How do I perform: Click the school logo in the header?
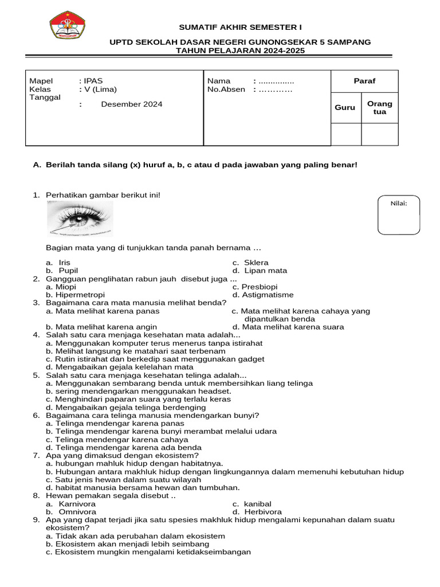(x=67, y=25)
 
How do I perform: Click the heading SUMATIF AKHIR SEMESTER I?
(x=240, y=28)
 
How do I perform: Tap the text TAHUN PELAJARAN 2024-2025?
(x=240, y=50)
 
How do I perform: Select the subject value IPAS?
(x=93, y=81)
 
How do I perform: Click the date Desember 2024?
(x=131, y=104)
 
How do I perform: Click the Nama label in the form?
(x=219, y=81)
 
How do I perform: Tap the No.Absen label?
(x=226, y=89)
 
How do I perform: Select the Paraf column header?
(x=364, y=81)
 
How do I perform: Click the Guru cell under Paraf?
(x=345, y=108)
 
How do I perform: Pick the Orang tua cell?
(x=380, y=108)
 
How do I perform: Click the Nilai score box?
(x=398, y=215)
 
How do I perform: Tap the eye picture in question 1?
(x=80, y=221)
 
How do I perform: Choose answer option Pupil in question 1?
(x=68, y=271)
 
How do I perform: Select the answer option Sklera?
(x=256, y=263)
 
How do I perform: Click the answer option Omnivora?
(x=77, y=512)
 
